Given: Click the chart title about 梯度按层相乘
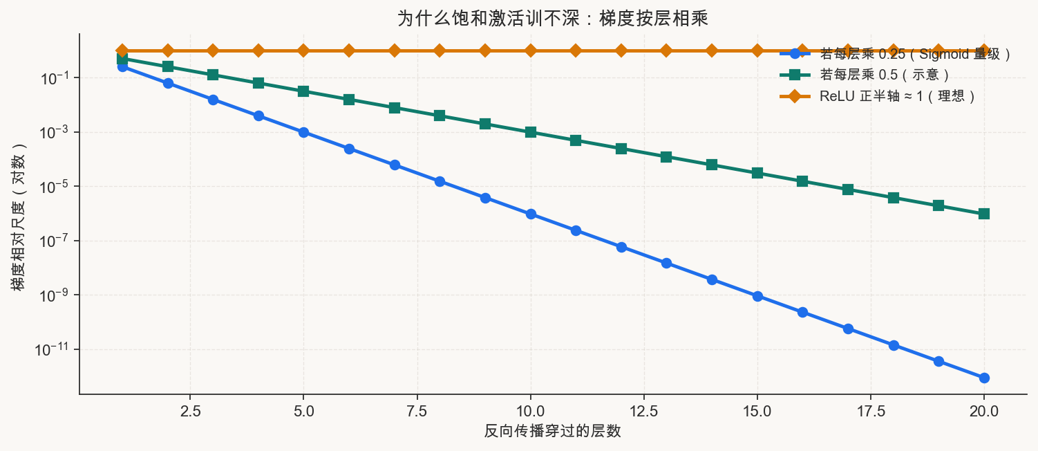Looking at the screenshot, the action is pos(553,19).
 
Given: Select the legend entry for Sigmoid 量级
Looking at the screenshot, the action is pos(895,54).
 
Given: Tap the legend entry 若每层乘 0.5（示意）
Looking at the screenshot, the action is pos(865,75).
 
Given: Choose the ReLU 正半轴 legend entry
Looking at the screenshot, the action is pos(878,96).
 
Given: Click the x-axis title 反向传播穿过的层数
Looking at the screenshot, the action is pos(552,431).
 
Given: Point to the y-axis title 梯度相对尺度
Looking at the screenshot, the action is pos(19,217).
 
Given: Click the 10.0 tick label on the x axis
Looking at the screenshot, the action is pos(530,411).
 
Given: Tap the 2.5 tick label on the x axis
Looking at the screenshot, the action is pos(190,411).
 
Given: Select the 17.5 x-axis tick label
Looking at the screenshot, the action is pos(871,411).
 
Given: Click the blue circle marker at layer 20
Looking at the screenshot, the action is pos(984,378).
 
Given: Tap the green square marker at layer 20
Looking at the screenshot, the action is pos(984,214).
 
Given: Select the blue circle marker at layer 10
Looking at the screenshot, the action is pos(531,214).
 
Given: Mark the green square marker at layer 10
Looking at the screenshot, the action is pos(531,132).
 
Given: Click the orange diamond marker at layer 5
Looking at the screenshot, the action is pos(303,50).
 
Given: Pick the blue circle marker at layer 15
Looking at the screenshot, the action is pos(757,296).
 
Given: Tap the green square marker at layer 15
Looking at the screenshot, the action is pos(757,173).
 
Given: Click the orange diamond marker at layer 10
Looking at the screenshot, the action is pos(531,50).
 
